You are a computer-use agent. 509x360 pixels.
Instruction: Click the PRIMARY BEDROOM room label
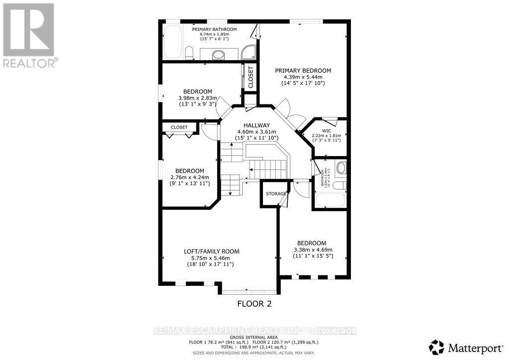[303, 71]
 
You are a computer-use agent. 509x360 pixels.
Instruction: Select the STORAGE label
[275, 193]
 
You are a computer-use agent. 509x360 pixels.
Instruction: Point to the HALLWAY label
[256, 125]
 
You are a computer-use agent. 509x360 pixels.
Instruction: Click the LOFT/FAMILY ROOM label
[211, 252]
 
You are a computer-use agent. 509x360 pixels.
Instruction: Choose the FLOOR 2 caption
[254, 303]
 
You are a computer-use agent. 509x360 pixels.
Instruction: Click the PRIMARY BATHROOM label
[214, 29]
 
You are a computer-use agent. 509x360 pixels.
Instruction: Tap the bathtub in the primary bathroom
[172, 43]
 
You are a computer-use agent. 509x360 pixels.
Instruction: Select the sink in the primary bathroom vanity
[218, 54]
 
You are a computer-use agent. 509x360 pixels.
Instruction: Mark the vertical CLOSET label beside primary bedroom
[251, 78]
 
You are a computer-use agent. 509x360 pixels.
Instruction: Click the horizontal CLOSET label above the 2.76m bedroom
[179, 127]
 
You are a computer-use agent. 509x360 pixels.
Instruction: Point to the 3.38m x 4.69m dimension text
[312, 250]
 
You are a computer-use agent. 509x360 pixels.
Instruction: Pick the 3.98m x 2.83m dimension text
[198, 98]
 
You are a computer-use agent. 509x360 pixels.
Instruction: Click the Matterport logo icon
[437, 346]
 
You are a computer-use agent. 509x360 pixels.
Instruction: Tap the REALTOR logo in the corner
[29, 35]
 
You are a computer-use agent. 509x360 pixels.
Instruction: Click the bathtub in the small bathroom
[328, 201]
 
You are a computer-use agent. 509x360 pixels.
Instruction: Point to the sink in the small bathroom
[341, 168]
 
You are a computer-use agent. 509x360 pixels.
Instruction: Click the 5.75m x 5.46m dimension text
[211, 258]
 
